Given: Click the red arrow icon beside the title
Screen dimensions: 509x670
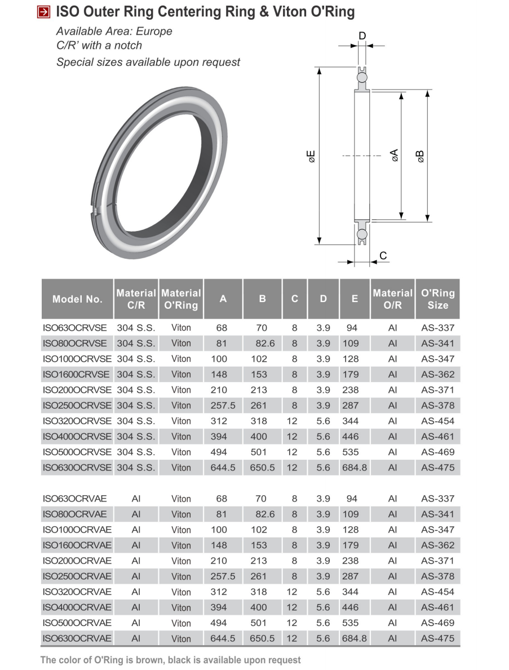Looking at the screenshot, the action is coord(43,12).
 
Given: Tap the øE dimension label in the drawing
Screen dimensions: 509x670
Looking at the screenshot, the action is coord(311,157).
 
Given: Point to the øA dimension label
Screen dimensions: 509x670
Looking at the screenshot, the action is coord(395,155).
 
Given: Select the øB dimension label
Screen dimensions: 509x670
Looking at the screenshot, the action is coord(421,157).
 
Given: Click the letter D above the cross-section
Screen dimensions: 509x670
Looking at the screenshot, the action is coord(362,36).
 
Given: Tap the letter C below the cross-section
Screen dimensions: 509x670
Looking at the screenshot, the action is coord(383,255).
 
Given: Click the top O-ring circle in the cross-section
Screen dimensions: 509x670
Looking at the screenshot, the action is coord(362,77).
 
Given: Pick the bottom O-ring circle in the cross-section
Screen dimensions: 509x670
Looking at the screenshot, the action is coord(362,234).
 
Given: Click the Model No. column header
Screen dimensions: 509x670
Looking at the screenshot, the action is coord(77,299).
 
